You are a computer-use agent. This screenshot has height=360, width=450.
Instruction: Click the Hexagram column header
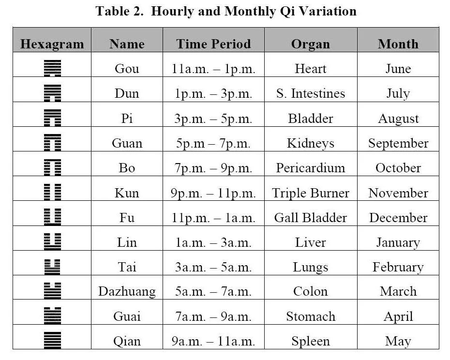(x=52, y=44)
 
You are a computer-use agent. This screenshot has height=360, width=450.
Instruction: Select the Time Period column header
(x=213, y=44)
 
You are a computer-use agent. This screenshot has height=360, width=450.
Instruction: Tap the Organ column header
(x=310, y=44)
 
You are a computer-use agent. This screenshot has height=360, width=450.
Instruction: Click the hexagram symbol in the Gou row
(x=52, y=68)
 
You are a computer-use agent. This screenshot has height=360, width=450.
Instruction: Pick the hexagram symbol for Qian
(x=52, y=341)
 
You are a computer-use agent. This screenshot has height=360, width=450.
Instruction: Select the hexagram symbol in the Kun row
(x=52, y=192)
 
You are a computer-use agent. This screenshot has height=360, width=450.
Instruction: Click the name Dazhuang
(x=127, y=291)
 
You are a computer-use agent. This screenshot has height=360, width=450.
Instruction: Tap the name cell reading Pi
(x=127, y=118)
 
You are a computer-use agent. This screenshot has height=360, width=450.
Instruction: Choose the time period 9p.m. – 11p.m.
(x=213, y=193)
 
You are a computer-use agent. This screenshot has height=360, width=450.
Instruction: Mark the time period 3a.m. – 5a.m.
(x=213, y=267)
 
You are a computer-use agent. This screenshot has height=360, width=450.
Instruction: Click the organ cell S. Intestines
(x=311, y=93)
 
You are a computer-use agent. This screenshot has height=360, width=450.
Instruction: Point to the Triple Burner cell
(x=311, y=193)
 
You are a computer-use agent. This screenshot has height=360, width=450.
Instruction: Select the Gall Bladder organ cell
(x=311, y=217)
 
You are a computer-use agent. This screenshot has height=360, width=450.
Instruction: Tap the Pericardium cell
(x=311, y=168)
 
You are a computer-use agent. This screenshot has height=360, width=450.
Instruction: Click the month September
(x=398, y=143)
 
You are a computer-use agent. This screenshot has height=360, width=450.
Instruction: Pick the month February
(x=398, y=267)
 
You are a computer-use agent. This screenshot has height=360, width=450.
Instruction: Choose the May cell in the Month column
(x=398, y=341)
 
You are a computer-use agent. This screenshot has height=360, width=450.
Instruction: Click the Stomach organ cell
(x=311, y=316)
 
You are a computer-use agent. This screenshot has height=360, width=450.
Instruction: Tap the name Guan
(x=127, y=143)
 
